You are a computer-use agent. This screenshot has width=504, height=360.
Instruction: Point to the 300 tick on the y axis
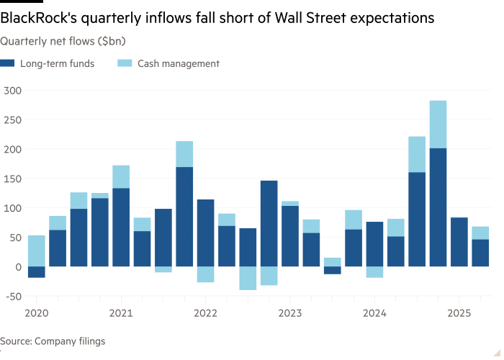pos(12,90)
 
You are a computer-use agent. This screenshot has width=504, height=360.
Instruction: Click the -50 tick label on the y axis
pos(11,296)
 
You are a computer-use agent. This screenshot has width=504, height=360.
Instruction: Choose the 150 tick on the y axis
pos(12,179)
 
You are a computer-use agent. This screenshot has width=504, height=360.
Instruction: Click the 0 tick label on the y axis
pos(18,266)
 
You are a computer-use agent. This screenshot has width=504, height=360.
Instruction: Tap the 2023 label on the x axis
pos(289,313)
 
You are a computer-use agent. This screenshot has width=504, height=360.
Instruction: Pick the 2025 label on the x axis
pos(459,313)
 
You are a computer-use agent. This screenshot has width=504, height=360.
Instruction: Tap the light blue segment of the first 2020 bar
pos(36,251)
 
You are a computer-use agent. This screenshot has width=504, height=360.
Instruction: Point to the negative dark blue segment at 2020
pos(36,272)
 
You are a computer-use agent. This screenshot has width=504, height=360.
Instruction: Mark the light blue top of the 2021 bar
pos(121,176)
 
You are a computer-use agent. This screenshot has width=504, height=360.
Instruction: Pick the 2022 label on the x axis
pos(205,313)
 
